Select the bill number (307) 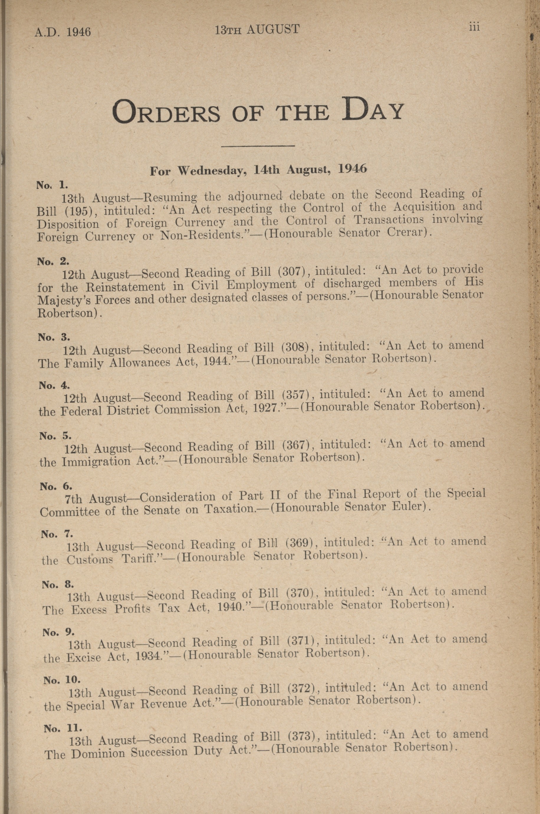[292, 271]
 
